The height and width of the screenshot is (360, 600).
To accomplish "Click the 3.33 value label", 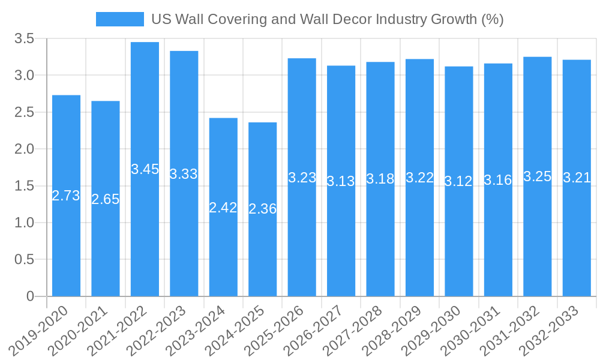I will coord(184,174).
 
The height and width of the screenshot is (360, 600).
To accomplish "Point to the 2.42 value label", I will coord(223,208).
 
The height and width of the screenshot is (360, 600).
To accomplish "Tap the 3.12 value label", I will coord(458,181).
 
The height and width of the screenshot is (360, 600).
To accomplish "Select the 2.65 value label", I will coord(106,199).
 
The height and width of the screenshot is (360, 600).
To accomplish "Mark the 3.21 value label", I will coord(577,178).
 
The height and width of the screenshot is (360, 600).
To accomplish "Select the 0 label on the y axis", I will coord(31,296).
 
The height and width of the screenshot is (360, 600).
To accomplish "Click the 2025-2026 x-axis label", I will coord(280,331).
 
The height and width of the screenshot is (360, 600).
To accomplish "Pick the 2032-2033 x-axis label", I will coord(555,331).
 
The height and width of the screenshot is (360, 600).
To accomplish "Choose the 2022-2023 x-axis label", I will coord(163,331).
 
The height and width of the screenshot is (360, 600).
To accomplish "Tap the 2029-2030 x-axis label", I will coord(437,331).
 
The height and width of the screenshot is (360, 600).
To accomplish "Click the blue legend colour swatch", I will coord(120,19).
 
